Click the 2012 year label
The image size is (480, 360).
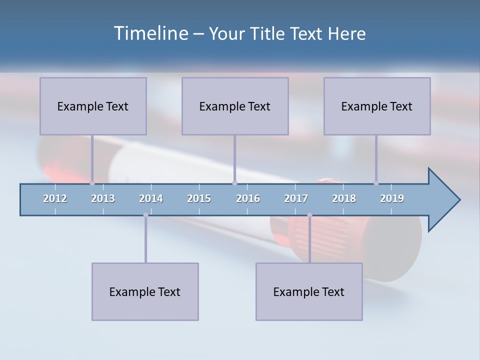[x=55, y=198]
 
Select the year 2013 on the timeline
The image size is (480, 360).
[x=103, y=198]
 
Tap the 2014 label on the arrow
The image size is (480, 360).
[x=151, y=198]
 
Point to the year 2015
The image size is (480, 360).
[x=199, y=198]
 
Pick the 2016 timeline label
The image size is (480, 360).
[x=248, y=198]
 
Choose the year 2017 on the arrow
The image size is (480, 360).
[x=296, y=198]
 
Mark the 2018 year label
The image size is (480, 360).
[x=344, y=198]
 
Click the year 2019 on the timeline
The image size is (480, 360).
[x=392, y=198]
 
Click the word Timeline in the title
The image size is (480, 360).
[x=150, y=33]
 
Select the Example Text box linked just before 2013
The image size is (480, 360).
[x=93, y=106]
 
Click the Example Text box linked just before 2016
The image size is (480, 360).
[x=235, y=106]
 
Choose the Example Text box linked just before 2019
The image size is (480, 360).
[x=377, y=106]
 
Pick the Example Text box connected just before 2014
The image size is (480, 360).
[x=145, y=291]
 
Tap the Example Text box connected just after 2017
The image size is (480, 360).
[x=309, y=291]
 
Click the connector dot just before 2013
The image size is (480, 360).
[x=92, y=183]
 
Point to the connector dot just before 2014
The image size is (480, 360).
[x=145, y=215]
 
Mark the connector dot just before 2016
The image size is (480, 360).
[x=234, y=183]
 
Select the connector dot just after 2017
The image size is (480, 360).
[x=309, y=215]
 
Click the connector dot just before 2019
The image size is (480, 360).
[x=376, y=183]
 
